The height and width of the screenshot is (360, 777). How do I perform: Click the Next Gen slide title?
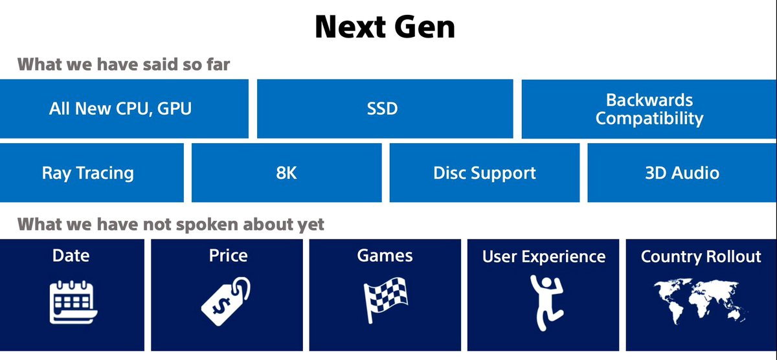pos(385,27)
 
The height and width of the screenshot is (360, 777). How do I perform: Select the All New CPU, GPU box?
pos(124,109)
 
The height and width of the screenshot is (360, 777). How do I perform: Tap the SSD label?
pos(382,109)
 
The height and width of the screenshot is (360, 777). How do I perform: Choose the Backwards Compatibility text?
pos(649,109)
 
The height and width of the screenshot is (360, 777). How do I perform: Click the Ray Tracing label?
pos(88,173)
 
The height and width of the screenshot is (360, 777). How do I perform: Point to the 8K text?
pos(286,173)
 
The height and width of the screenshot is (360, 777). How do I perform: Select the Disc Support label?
pos(484,173)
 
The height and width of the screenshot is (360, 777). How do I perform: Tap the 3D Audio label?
pos(682,173)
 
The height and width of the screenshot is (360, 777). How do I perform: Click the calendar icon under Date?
pos(73,302)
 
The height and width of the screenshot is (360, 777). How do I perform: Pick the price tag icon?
pos(226,301)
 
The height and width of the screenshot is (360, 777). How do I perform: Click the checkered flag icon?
pos(385,300)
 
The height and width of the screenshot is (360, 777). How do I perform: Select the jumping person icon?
pos(546,302)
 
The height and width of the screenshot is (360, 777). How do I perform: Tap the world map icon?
pos(701,301)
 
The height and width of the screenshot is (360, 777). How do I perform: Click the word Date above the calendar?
pos(71,256)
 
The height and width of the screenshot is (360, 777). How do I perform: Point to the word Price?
pos(228,256)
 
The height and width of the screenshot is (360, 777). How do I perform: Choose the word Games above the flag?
pos(385,256)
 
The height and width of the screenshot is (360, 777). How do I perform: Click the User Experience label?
pos(544,257)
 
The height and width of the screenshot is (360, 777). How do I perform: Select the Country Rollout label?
pos(701,257)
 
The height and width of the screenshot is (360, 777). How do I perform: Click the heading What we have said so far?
pos(124,65)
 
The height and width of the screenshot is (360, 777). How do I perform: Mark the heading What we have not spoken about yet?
pos(171,225)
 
